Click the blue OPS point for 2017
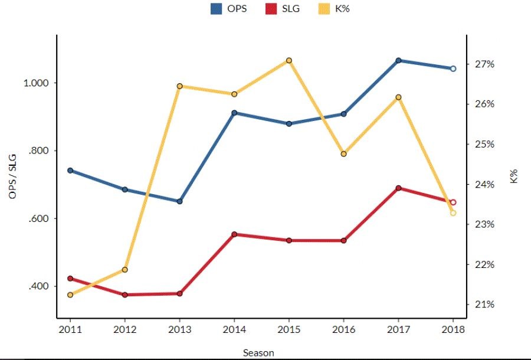[398, 60]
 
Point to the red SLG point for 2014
[234, 234]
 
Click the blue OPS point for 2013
[179, 201]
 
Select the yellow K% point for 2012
[124, 270]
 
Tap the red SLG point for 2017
[398, 188]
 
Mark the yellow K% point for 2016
[343, 154]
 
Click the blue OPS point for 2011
[70, 171]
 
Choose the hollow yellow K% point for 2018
[453, 213]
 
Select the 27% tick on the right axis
[482, 64]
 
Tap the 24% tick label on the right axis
[482, 184]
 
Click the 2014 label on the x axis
[234, 329]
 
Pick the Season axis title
[258, 352]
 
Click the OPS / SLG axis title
[13, 176]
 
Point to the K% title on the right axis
[514, 176]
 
